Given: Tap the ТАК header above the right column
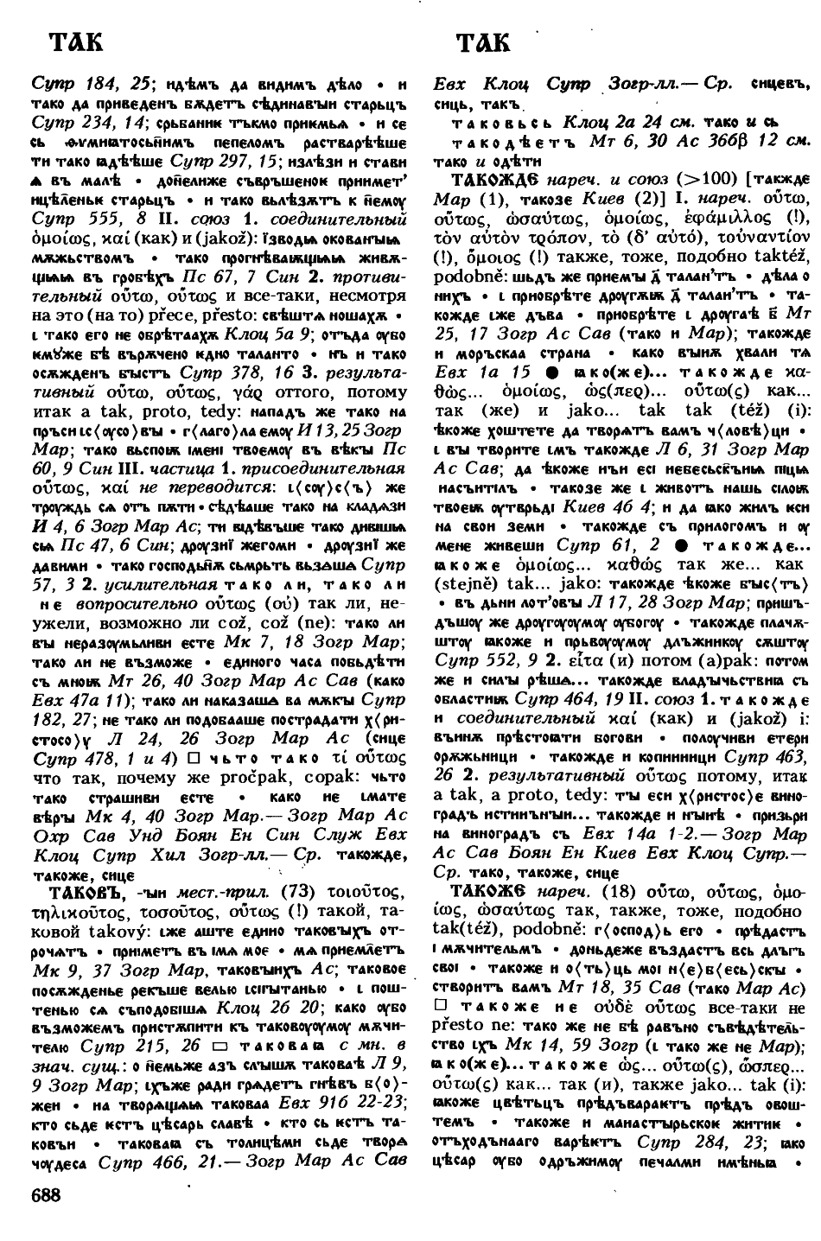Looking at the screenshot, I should pos(483,42).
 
